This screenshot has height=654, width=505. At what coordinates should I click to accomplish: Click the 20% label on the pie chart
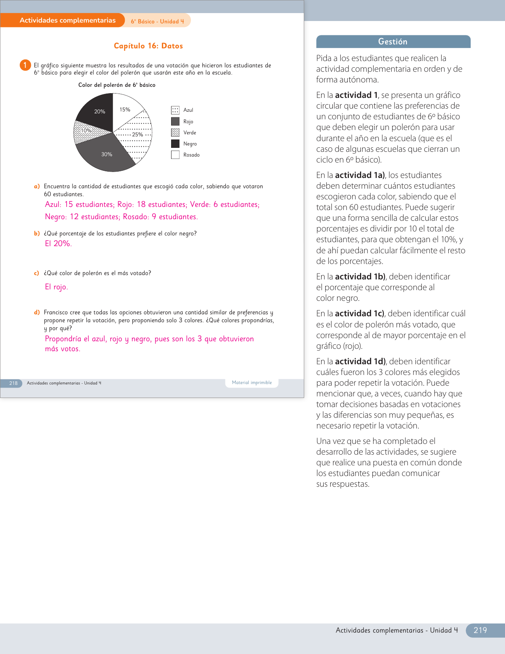click(x=99, y=112)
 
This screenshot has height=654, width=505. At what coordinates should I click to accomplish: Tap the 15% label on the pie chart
click(x=125, y=110)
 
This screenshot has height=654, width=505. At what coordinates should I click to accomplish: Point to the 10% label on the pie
click(x=86, y=131)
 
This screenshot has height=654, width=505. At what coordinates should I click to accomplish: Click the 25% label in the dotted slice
click(x=137, y=135)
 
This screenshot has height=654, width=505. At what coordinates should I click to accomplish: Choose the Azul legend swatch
click(x=175, y=110)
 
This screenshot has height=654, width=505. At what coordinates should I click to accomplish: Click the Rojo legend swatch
click(x=175, y=121)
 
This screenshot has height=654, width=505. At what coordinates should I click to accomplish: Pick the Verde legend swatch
click(x=175, y=132)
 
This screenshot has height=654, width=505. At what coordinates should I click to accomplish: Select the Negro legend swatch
click(x=175, y=143)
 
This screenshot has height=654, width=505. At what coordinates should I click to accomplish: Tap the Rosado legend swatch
click(x=175, y=155)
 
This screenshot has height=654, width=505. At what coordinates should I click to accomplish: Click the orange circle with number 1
click(x=25, y=65)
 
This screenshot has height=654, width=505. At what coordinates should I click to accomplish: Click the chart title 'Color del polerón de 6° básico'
click(x=117, y=85)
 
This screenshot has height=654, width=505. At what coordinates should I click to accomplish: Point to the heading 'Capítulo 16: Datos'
click(x=148, y=46)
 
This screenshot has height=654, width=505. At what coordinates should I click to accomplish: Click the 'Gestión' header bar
click(x=393, y=42)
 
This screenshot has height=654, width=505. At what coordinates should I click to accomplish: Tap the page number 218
click(x=13, y=383)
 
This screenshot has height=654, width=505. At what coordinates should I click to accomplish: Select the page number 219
click(x=480, y=630)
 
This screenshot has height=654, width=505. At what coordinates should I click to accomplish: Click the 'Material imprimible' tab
click(x=252, y=383)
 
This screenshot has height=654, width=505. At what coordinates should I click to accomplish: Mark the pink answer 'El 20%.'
click(x=58, y=244)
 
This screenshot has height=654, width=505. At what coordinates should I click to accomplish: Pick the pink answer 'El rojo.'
click(x=56, y=287)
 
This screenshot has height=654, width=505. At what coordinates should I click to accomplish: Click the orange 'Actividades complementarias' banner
click(x=67, y=20)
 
